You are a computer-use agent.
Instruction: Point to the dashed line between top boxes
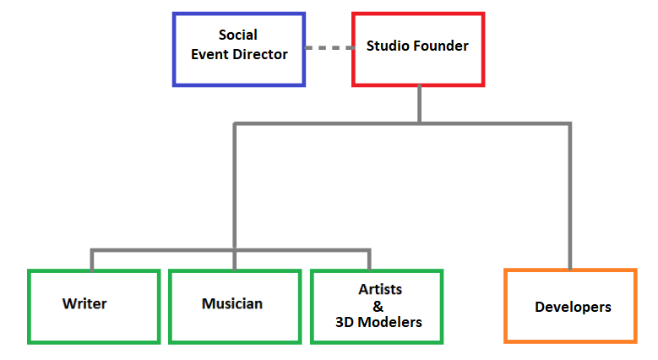point(329,48)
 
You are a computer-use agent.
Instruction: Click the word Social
point(238,35)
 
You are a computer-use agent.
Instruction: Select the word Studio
point(383,46)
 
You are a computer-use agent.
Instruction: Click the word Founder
point(435,46)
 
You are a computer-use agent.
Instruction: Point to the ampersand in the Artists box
point(378,307)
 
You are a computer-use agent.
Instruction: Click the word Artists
point(380,289)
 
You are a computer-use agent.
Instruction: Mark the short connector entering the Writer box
point(92,260)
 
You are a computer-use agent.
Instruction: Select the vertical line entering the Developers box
point(570,196)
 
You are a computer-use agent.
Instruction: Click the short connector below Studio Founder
point(419,104)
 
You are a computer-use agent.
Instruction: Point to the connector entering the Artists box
point(369,260)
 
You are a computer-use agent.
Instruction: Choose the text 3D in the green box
point(345,322)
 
